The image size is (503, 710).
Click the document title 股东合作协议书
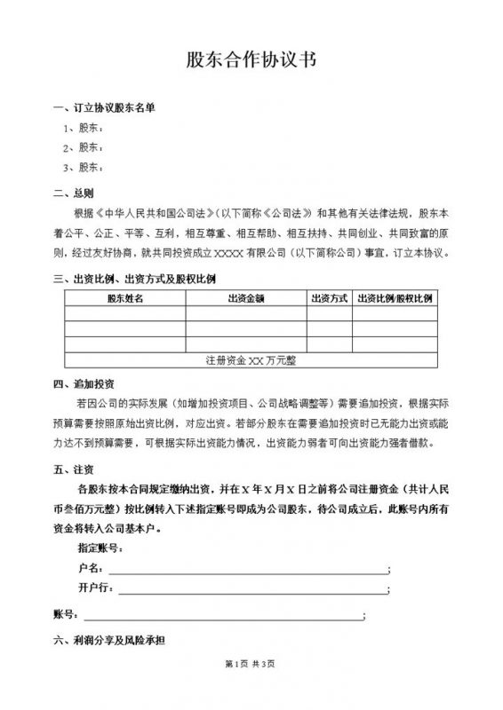(251, 60)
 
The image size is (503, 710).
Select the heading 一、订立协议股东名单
(104, 108)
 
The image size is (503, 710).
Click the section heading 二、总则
(73, 193)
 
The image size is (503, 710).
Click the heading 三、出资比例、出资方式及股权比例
(134, 280)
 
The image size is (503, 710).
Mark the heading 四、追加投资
(84, 384)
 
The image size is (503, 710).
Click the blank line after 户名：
(248, 570)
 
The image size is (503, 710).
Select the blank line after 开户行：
(253, 589)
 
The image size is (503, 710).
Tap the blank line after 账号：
(222, 615)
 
